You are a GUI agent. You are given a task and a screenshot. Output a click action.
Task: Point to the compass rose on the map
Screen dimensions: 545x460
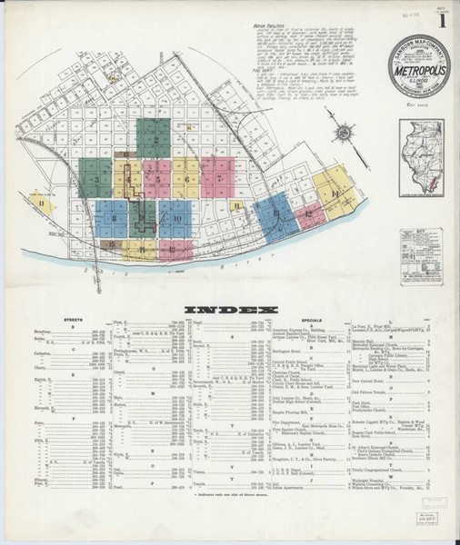coord(344,135)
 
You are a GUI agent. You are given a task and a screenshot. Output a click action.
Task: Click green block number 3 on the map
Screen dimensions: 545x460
coord(95,179)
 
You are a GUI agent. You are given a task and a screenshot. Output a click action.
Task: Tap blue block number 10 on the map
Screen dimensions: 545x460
coord(176,219)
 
